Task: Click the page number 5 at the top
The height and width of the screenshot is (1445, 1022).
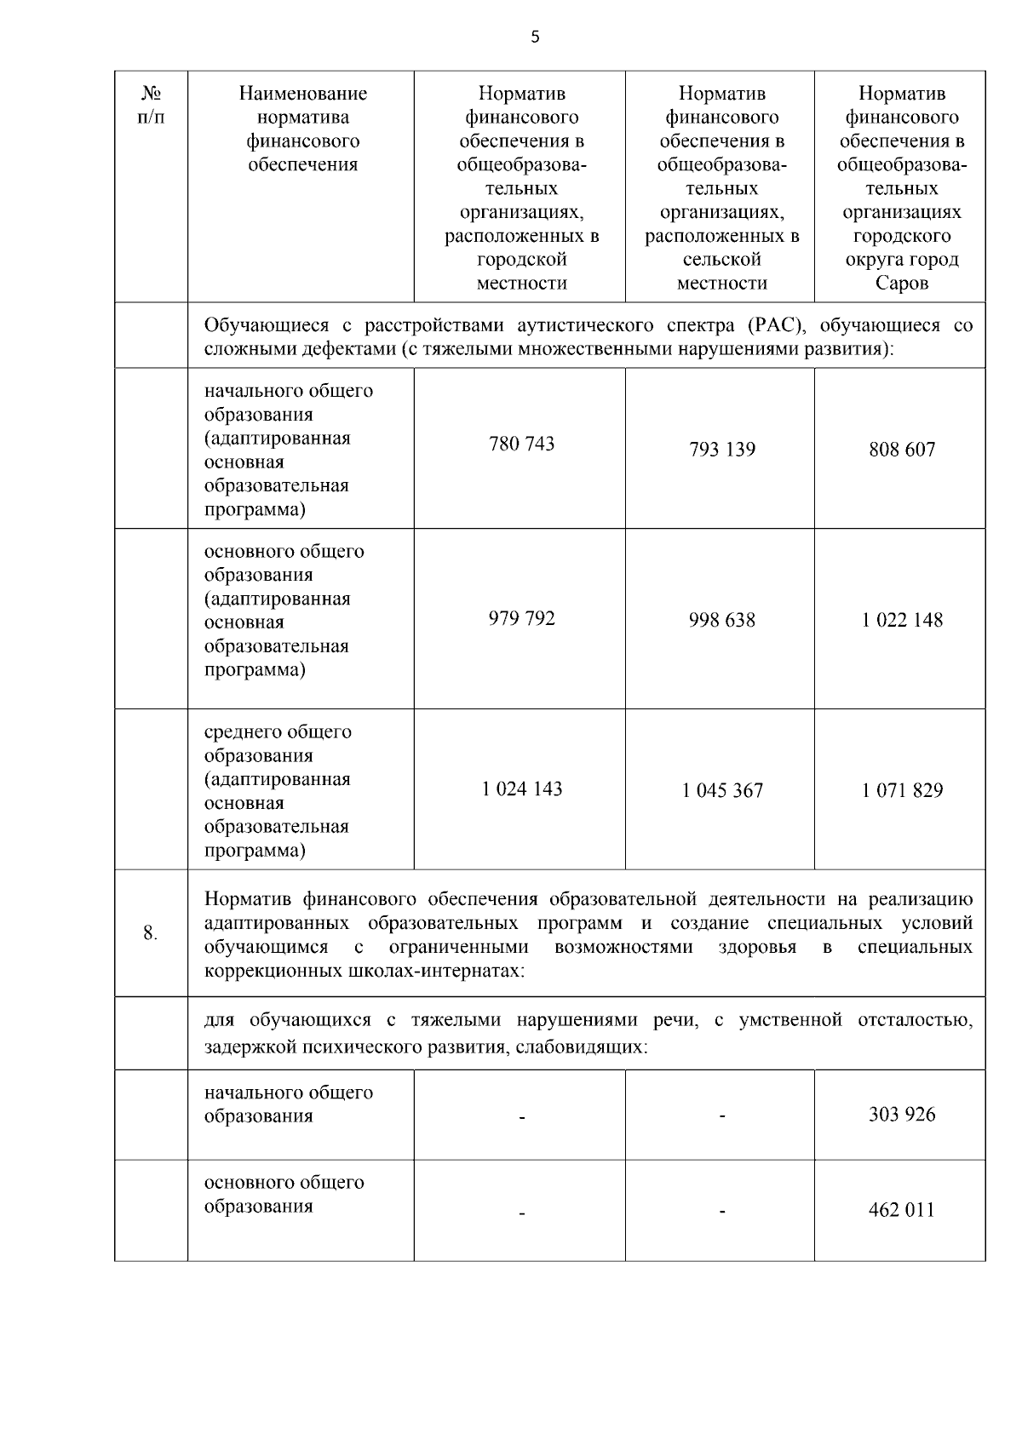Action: click(x=535, y=37)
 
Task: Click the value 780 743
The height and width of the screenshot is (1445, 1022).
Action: click(x=521, y=444)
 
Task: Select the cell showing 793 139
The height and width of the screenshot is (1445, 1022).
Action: click(x=721, y=450)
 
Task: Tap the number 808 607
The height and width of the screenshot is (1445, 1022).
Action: click(x=901, y=450)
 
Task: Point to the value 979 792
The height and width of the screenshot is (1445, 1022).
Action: click(x=521, y=618)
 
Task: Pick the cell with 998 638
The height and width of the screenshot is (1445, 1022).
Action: click(x=721, y=620)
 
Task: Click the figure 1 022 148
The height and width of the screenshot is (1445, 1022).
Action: click(x=901, y=620)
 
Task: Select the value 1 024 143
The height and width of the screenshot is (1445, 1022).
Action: click(x=521, y=788)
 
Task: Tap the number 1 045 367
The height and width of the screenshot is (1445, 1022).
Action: click(x=721, y=790)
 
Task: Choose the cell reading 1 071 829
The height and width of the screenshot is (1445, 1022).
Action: click(x=901, y=790)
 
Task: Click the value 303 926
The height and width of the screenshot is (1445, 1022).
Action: click(x=901, y=1115)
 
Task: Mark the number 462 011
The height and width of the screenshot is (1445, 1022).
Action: click(x=901, y=1210)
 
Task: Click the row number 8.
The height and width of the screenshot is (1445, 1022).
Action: click(x=150, y=933)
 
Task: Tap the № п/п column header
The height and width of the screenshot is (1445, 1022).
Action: click(x=151, y=105)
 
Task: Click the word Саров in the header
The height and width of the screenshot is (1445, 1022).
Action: click(x=901, y=283)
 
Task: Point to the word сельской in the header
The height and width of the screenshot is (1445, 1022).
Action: click(x=721, y=260)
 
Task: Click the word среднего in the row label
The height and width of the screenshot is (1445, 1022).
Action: click(x=242, y=732)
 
